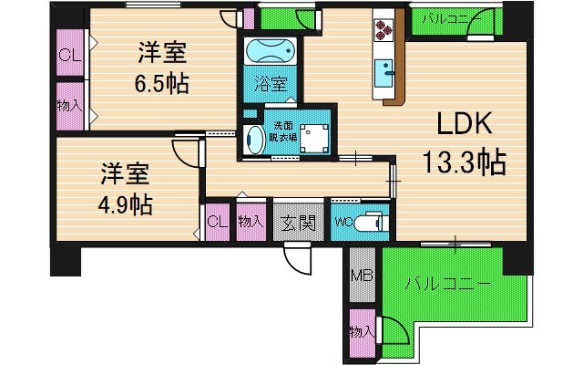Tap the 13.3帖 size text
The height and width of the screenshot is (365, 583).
pos(464,163)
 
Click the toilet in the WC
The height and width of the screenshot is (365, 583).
pos(370,222)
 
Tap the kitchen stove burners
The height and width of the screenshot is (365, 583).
pos(383,31)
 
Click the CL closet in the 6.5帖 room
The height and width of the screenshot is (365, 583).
pos(66,55)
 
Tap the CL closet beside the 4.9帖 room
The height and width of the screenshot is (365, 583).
pos(217,221)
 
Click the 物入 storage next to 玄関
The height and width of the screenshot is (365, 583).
pos(251,221)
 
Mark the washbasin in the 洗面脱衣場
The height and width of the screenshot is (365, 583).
pos(255,139)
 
